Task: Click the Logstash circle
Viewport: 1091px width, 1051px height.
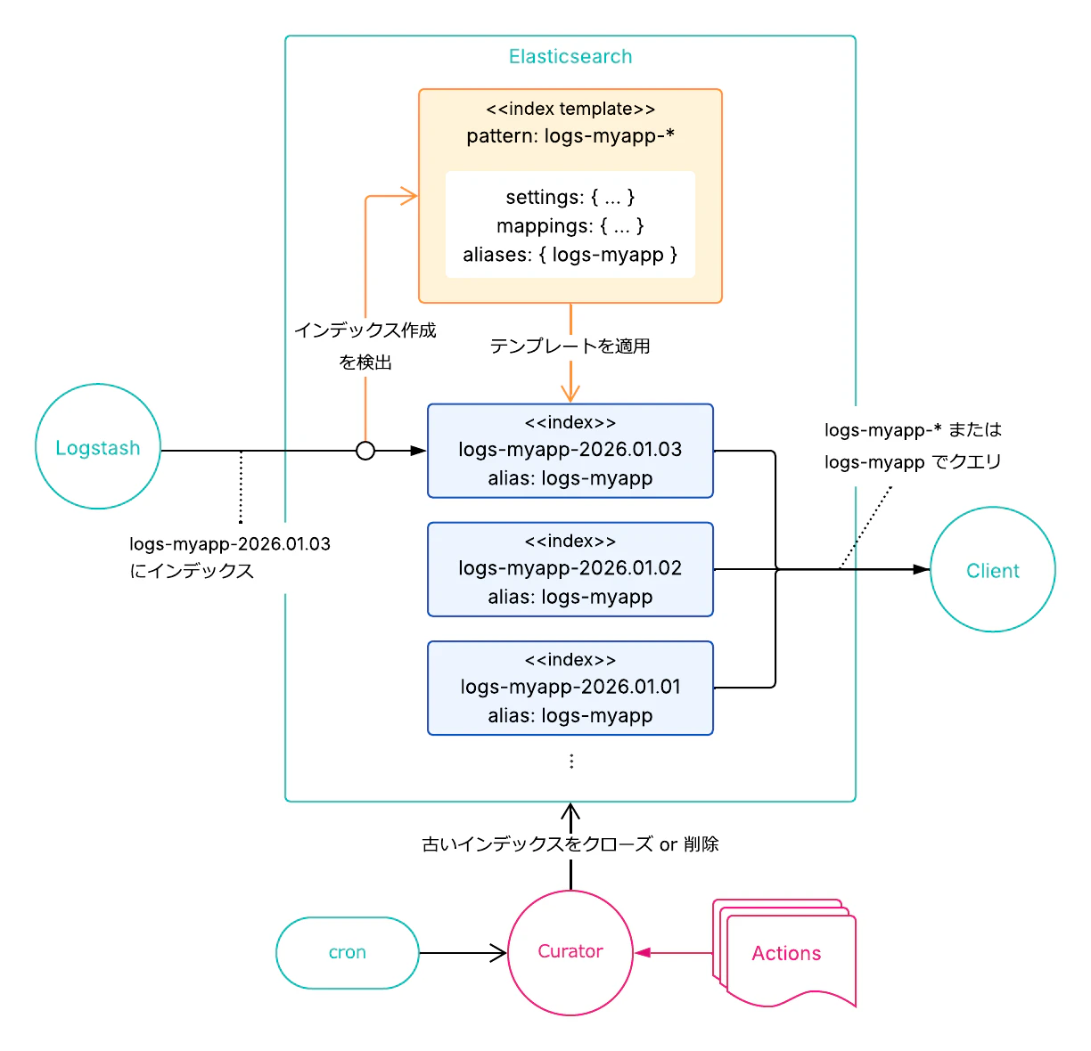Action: [98, 447]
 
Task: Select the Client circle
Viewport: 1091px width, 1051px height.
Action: [992, 570]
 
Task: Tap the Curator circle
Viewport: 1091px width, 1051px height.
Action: [570, 952]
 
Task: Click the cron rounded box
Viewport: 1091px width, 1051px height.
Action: [348, 953]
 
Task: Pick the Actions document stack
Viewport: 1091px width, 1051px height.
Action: [786, 954]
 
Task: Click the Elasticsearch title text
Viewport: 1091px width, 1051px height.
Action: [570, 57]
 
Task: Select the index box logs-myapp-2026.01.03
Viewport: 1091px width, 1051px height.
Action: [570, 451]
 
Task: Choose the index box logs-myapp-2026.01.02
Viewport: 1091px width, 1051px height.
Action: [570, 569]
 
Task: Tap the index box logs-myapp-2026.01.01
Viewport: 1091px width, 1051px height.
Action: [570, 688]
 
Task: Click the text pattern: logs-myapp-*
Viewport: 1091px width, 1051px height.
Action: [570, 136]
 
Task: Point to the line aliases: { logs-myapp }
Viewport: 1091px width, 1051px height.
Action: [570, 255]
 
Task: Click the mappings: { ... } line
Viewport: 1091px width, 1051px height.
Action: [570, 226]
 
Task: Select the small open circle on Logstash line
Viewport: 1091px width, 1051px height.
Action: [365, 451]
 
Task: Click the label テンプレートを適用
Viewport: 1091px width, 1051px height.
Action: [570, 346]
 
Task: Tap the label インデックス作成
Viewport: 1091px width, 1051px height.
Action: [365, 330]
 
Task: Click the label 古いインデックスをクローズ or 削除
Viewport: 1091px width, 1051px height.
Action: [570, 844]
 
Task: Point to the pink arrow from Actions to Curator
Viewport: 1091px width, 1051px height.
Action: [674, 953]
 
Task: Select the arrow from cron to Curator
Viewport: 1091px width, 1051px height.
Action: [463, 953]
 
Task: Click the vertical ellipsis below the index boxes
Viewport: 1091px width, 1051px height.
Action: [571, 762]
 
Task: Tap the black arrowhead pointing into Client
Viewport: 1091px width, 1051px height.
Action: [922, 569]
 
